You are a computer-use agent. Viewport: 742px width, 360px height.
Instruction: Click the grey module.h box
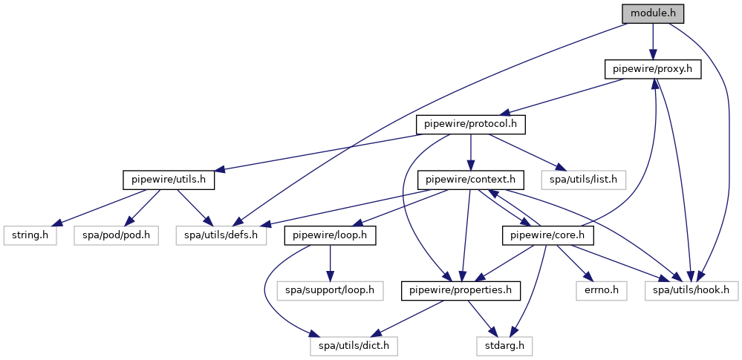click(x=653, y=13)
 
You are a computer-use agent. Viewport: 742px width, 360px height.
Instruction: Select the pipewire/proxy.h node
click(x=653, y=70)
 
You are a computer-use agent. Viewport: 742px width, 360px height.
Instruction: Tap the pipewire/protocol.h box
click(x=471, y=125)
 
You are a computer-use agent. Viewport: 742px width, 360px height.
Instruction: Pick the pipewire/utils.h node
click(x=169, y=180)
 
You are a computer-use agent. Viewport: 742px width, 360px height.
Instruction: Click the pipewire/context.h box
click(x=471, y=180)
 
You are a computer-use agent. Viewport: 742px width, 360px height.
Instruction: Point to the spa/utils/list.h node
click(x=584, y=180)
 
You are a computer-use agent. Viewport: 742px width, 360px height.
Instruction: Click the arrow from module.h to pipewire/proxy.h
click(x=653, y=42)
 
